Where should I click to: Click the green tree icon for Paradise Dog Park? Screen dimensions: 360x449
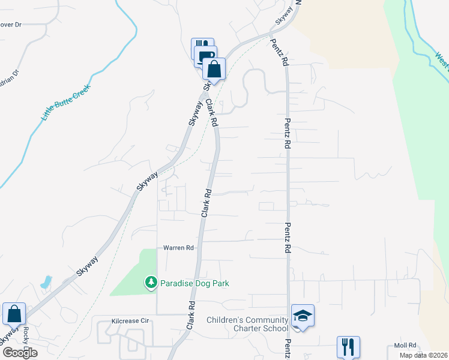pos(151,282)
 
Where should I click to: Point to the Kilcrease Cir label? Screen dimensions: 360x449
pos(130,322)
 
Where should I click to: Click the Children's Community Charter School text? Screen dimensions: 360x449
pos(247,324)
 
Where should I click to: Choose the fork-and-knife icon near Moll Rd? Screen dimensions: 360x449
pos(348,346)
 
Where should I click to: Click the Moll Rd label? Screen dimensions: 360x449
pos(405,345)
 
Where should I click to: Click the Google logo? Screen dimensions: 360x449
pos(20,353)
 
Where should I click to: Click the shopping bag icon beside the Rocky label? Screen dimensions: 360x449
pos(14,313)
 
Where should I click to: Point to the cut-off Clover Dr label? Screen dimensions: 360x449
pos(11,25)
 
